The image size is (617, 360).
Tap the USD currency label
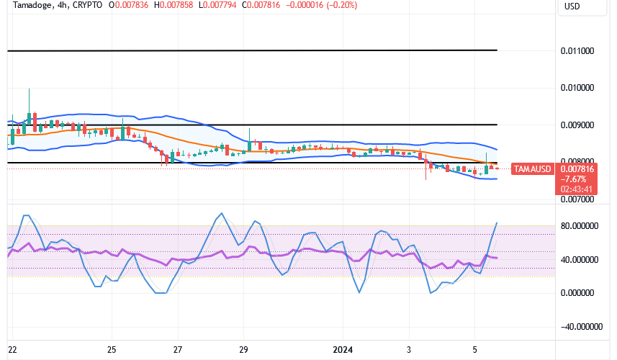572,6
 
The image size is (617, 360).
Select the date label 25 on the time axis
112,350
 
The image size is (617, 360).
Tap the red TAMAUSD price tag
532,169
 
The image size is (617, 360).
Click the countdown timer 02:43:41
577,189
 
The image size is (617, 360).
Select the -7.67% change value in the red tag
575,179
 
